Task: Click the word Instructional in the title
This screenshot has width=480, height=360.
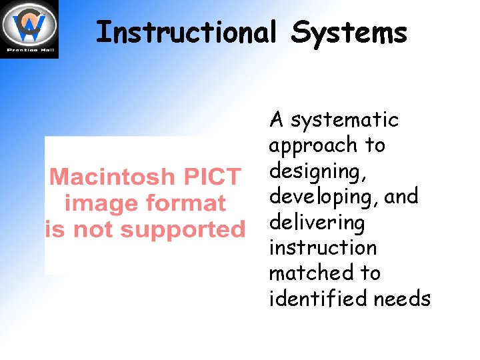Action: coord(185,32)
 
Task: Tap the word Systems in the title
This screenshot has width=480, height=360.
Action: coord(349,32)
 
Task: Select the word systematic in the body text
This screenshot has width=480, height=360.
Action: coord(345,121)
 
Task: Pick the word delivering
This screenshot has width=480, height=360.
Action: coord(317,223)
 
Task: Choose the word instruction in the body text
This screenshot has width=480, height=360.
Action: coord(323,247)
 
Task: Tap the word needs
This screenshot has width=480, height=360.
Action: coord(402,299)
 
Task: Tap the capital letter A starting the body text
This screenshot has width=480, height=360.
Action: coord(277,121)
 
